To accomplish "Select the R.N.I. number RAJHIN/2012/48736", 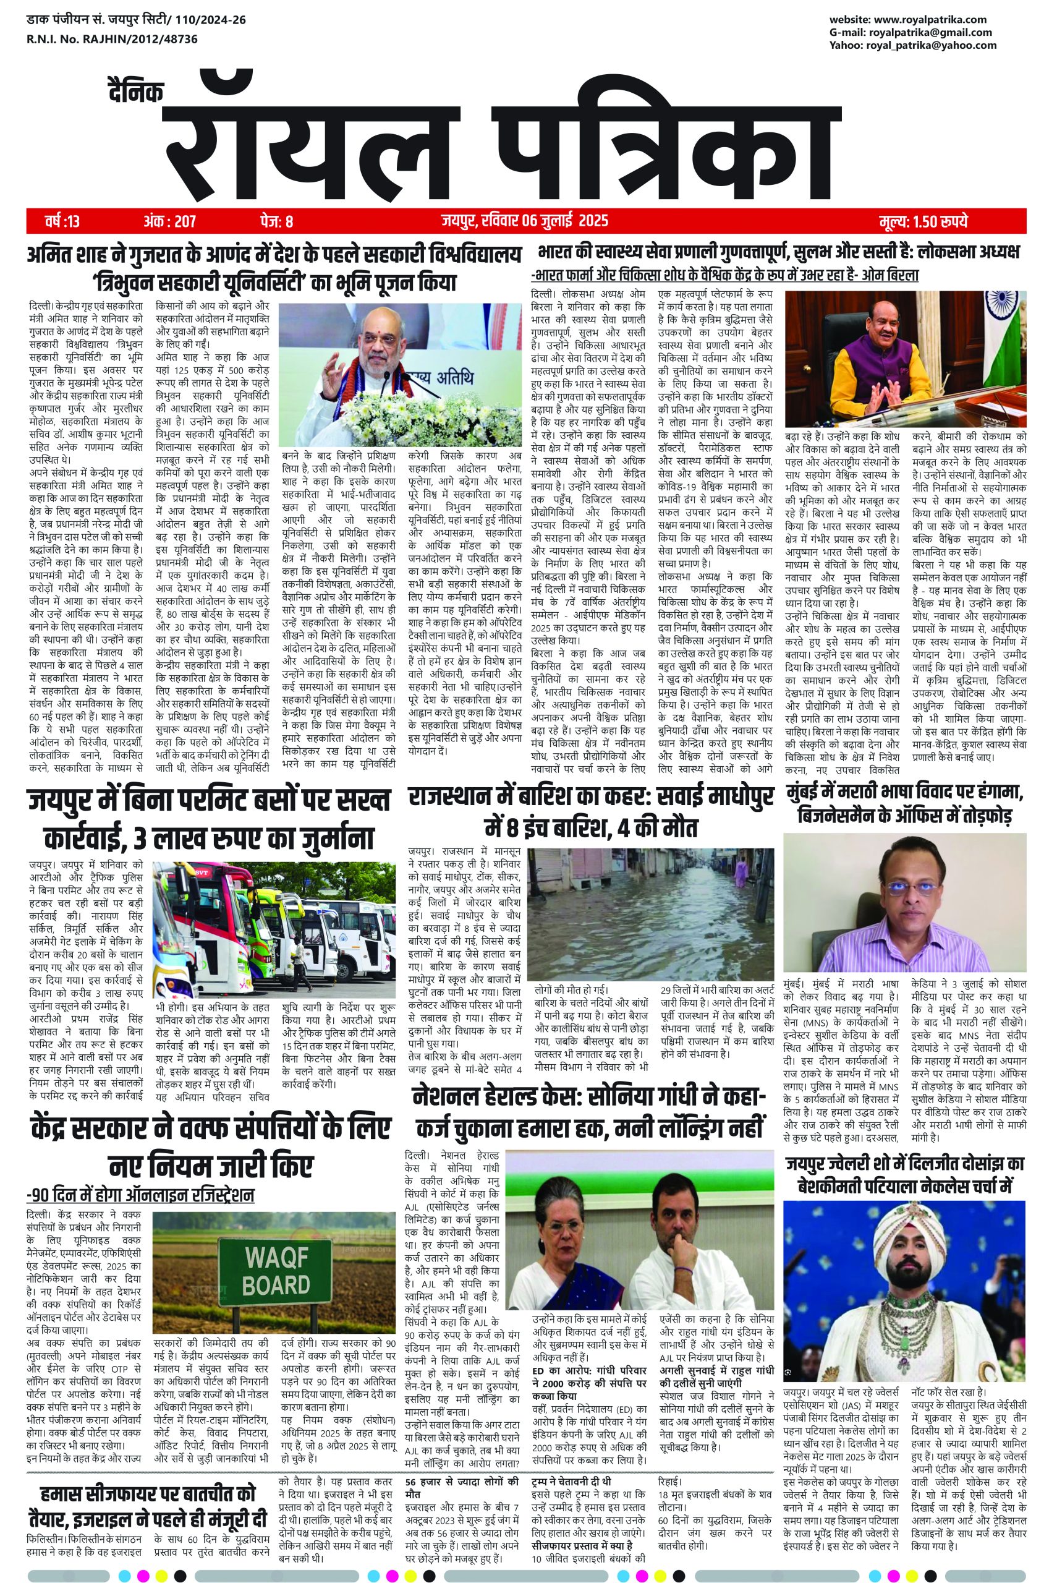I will point(135,39).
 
